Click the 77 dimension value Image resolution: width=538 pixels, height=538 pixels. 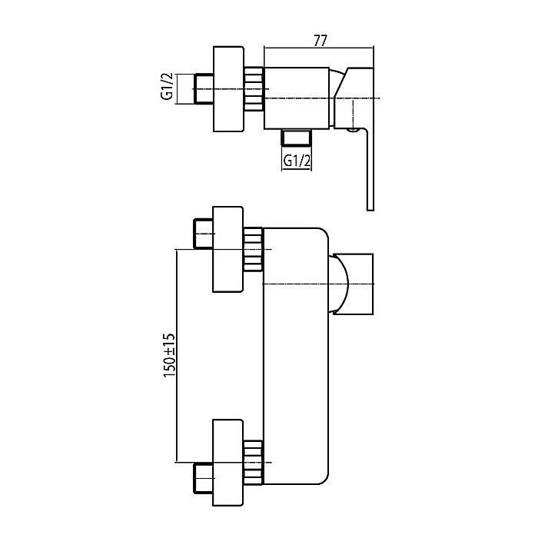click(x=320, y=41)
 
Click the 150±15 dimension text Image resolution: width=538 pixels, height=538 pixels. click(x=169, y=355)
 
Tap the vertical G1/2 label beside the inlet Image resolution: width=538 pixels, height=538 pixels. click(x=167, y=86)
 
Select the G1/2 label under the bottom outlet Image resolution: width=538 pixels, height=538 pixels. click(x=297, y=160)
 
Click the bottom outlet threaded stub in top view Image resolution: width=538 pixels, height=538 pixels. click(x=296, y=137)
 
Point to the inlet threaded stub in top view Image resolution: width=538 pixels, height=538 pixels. click(x=204, y=88)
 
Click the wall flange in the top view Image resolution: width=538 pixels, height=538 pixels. click(x=228, y=89)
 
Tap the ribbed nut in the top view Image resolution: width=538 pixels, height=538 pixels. click(x=254, y=89)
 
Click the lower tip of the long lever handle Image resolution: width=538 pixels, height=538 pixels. click(x=370, y=210)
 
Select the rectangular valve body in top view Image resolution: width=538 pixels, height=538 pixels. click(x=297, y=98)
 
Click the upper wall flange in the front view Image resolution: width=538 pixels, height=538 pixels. click(x=227, y=250)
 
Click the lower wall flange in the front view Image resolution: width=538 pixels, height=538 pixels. click(x=227, y=463)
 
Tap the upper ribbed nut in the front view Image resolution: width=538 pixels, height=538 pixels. click(x=253, y=249)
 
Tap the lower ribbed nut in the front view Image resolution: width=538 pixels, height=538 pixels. click(x=253, y=463)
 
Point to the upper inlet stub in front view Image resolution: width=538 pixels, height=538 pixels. click(x=203, y=234)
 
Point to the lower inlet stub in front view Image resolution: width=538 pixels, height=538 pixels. click(x=203, y=478)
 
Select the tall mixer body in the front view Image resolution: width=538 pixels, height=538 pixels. click(x=296, y=356)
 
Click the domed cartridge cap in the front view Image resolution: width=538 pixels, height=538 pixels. click(x=339, y=284)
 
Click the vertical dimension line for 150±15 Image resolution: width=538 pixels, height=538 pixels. click(x=176, y=356)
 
